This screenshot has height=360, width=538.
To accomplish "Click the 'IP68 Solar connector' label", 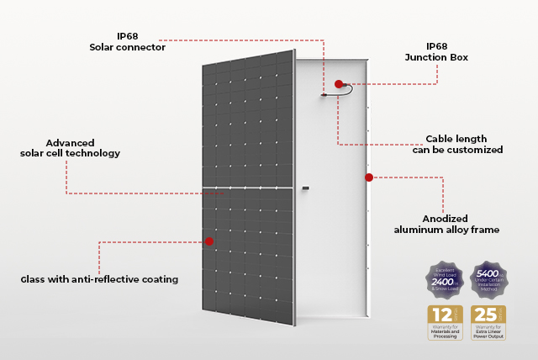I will pos(127,42).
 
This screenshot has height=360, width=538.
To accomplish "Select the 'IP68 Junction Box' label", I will pos(435,51).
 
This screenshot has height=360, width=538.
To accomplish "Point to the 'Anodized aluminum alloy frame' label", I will pos(446,224).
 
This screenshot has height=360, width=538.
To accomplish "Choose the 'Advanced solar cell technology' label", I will pos(71,148).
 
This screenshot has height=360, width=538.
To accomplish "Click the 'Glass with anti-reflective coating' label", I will pos(99,279).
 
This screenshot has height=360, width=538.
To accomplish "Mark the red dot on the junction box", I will pos(339,84).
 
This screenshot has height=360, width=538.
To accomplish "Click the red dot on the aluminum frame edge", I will pos(368,177).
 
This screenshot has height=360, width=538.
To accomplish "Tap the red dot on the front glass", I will pos(209,241).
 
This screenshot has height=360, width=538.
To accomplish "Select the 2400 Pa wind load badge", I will pos(445,278).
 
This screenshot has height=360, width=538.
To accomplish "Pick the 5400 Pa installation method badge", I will pos(488,278).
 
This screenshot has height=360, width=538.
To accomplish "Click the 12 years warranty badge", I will pos(445,323).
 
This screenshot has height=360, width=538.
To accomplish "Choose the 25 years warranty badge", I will pos(488,323).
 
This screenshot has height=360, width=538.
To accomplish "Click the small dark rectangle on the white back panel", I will pos(306,187).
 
